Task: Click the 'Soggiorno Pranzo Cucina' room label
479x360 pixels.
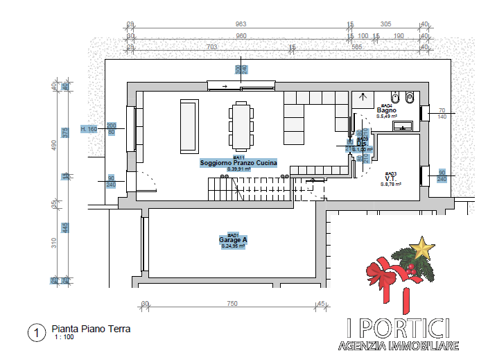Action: tap(238, 163)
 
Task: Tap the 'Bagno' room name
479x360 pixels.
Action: tap(386, 110)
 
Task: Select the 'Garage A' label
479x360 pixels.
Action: tap(233, 240)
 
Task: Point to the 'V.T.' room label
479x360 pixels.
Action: tap(390, 178)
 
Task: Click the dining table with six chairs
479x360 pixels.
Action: tap(241, 127)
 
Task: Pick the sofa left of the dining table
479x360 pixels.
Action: tap(188, 126)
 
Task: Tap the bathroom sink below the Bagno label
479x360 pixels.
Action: tap(402, 126)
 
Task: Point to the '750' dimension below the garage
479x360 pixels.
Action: tap(232, 304)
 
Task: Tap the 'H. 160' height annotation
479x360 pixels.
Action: tap(89, 129)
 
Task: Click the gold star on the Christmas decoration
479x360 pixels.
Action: tap(421, 246)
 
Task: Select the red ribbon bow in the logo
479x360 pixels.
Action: tap(385, 276)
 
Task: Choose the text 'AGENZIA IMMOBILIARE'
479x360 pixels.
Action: tap(399, 345)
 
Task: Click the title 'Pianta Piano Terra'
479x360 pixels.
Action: tap(91, 329)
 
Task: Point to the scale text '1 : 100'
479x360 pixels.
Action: tap(64, 338)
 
